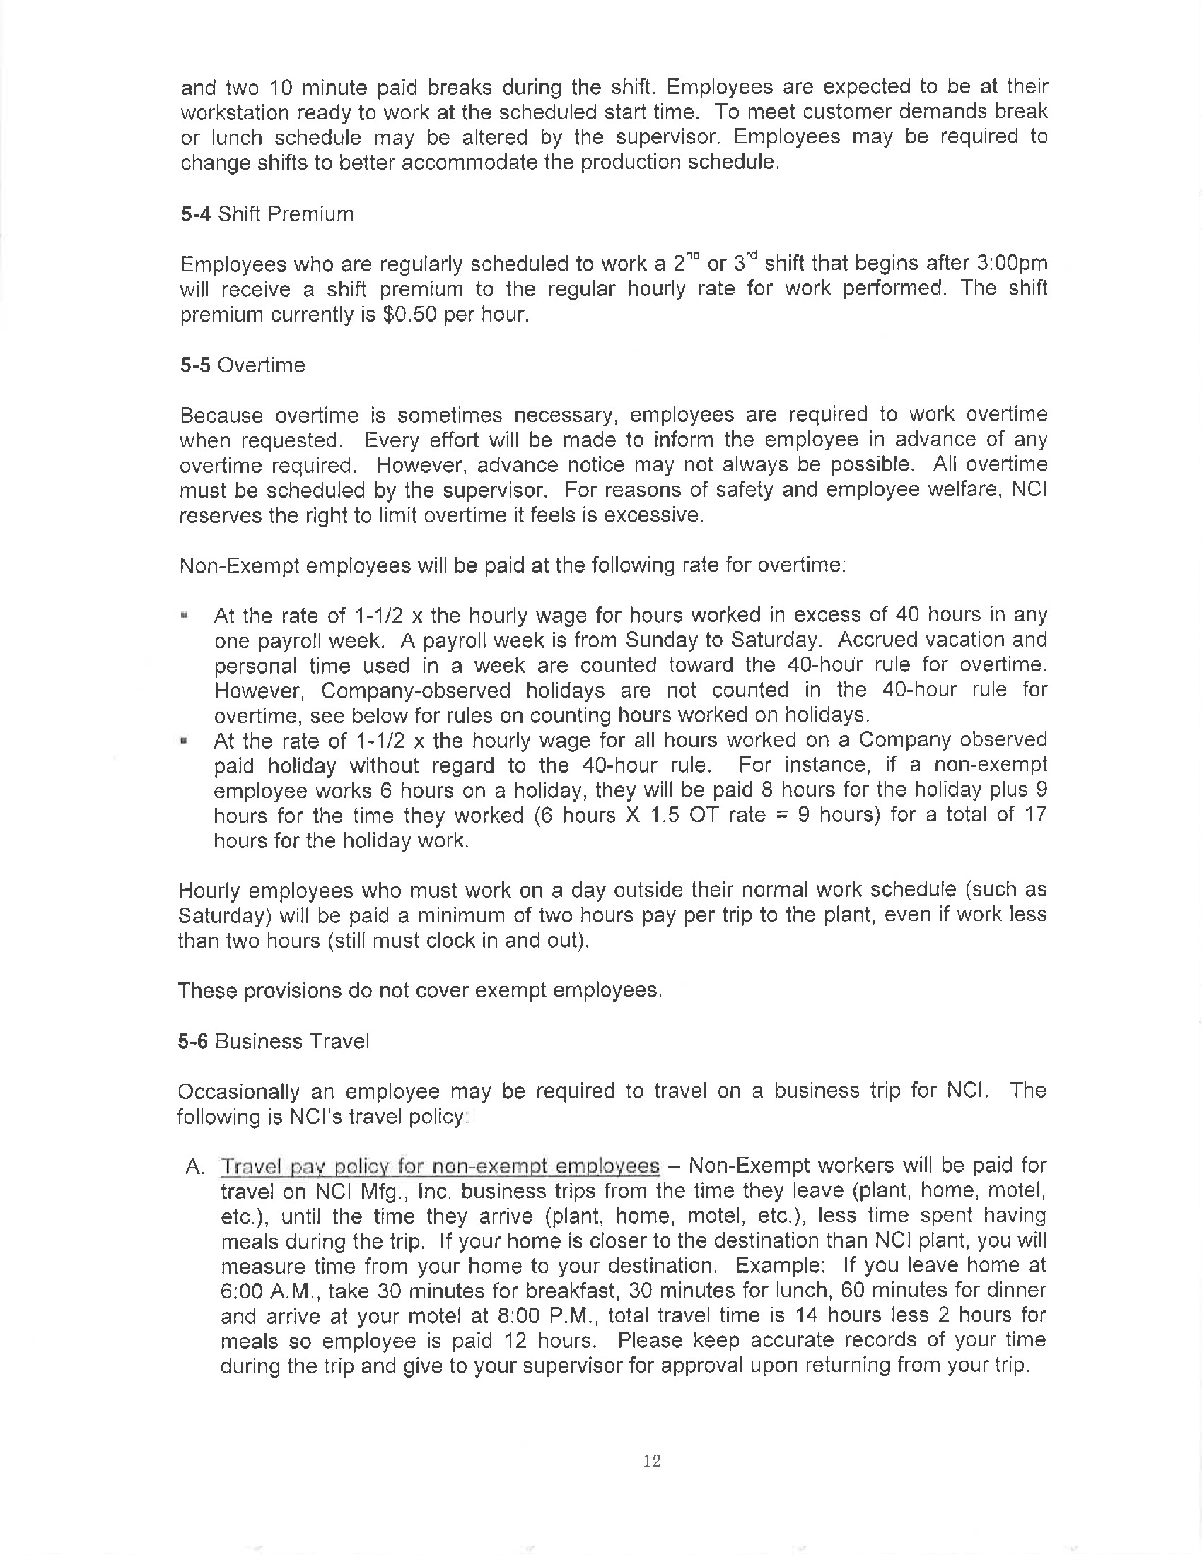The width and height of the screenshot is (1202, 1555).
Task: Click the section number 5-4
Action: (x=194, y=214)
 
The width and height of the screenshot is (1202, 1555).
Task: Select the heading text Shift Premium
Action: (x=286, y=214)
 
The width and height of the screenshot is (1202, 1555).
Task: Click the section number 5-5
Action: (x=194, y=365)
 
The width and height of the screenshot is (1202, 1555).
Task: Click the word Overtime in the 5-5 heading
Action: (x=261, y=365)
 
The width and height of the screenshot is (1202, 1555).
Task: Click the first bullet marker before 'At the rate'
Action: (x=185, y=615)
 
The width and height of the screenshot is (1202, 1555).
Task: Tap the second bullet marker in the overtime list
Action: (x=185, y=741)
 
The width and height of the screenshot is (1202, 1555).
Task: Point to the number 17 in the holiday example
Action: (x=1034, y=815)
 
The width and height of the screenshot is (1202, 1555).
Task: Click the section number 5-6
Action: (x=193, y=1042)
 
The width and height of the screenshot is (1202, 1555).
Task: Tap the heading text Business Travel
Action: (x=292, y=1042)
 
